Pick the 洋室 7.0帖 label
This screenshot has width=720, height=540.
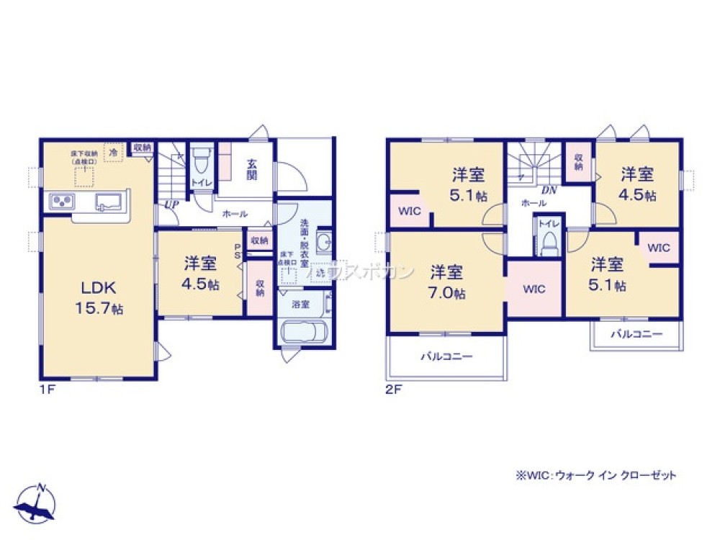tap(447, 282)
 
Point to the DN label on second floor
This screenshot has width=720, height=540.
tap(549, 191)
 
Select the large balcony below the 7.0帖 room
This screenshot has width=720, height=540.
tap(447, 356)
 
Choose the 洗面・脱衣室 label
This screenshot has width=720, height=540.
tap(305, 243)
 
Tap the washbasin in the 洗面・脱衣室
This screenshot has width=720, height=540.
tap(323, 241)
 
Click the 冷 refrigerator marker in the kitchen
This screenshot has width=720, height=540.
tap(113, 152)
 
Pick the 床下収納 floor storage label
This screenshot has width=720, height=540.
tap(84, 158)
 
